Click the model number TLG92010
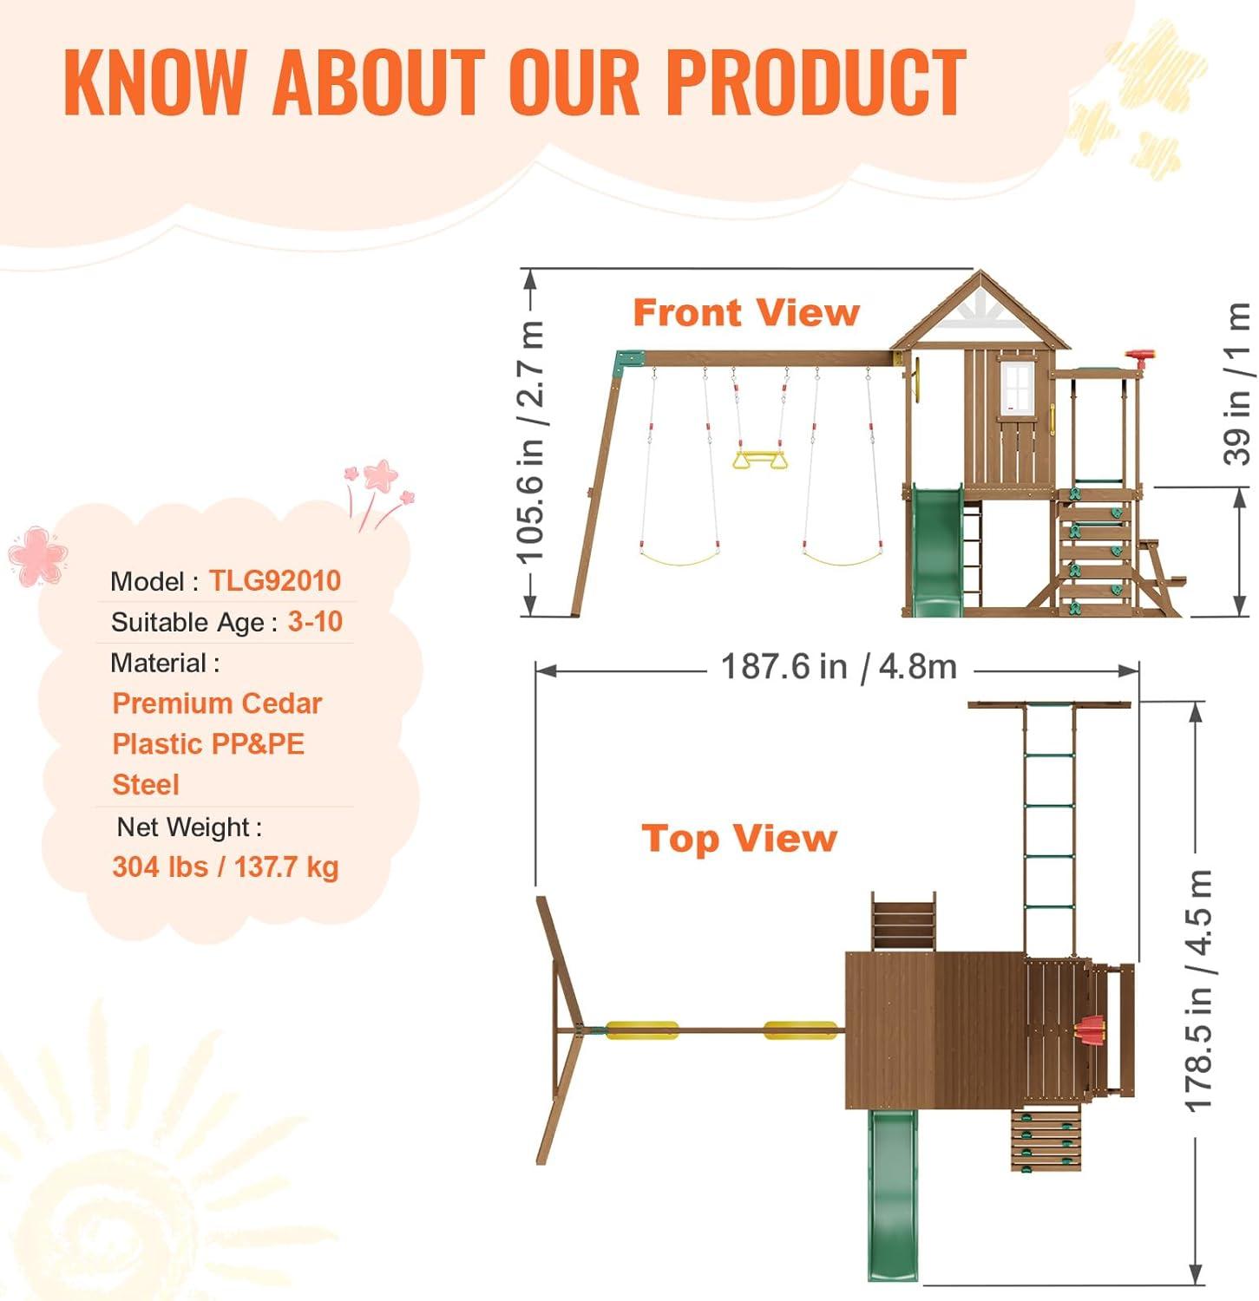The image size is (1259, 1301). click(x=275, y=580)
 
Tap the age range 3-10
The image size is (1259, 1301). click(x=315, y=621)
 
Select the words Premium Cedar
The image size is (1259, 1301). click(x=217, y=703)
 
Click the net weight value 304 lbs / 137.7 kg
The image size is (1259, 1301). click(x=226, y=866)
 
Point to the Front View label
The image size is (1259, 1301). click(x=746, y=312)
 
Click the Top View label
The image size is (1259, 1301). click(x=739, y=839)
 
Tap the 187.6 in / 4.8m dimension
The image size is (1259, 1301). click(x=839, y=666)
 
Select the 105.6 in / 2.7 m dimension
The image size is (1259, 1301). click(x=531, y=441)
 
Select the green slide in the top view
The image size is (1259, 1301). click(x=895, y=1195)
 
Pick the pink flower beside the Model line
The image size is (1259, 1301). click(x=37, y=555)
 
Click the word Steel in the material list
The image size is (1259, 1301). click(x=146, y=784)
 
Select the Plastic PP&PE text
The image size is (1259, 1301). click(x=208, y=743)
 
